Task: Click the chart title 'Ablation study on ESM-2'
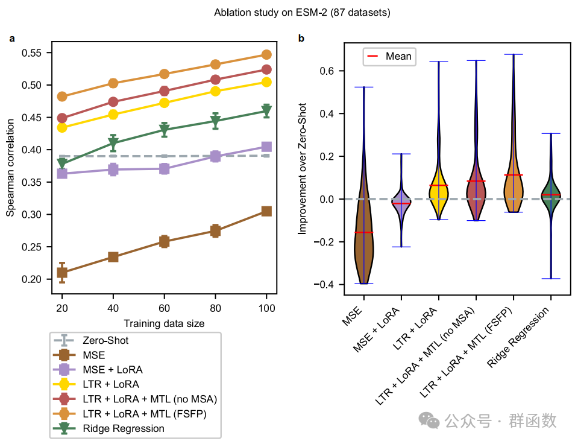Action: pyautogui.click(x=287, y=12)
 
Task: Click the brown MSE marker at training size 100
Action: pyautogui.click(x=266, y=211)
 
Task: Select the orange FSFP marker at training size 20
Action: pyautogui.click(x=62, y=97)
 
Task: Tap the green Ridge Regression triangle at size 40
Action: pyautogui.click(x=113, y=144)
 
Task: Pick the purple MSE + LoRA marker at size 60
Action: pyautogui.click(x=164, y=170)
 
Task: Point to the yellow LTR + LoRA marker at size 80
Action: pyautogui.click(x=215, y=91)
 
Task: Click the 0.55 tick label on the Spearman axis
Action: pyautogui.click(x=35, y=53)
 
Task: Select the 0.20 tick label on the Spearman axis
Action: pyautogui.click(x=35, y=279)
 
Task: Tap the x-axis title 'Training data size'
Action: pyautogui.click(x=164, y=324)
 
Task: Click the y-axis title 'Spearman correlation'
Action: pyautogui.click(x=10, y=167)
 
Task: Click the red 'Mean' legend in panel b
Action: pyautogui.click(x=389, y=57)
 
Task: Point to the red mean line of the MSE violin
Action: pyautogui.click(x=363, y=232)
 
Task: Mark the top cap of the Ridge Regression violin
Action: pyautogui.click(x=550, y=133)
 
